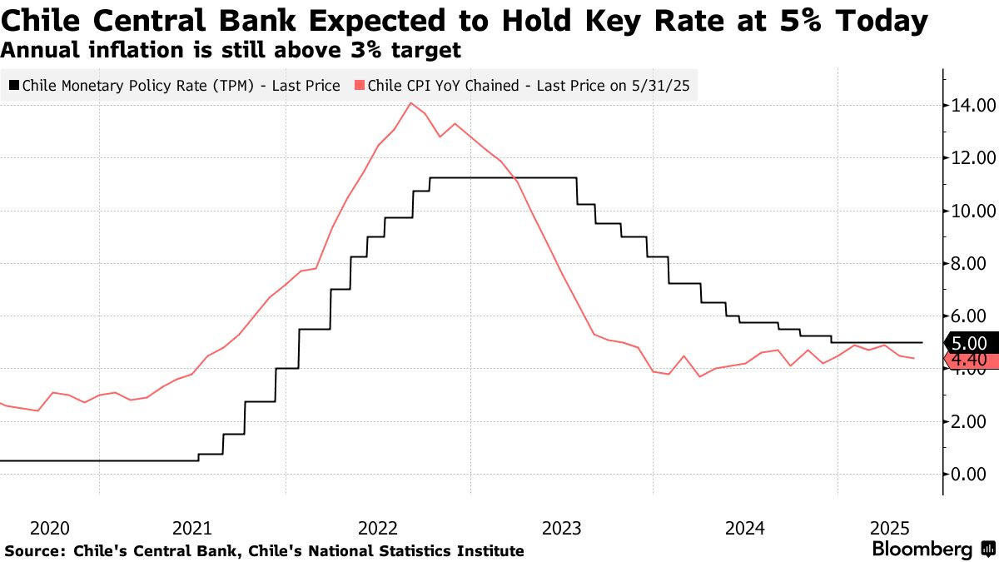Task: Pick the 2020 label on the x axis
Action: point(49,528)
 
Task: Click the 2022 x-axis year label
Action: point(378,528)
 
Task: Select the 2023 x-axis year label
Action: point(561,528)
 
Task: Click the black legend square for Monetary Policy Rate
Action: point(14,85)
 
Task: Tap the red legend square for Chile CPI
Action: point(359,85)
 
